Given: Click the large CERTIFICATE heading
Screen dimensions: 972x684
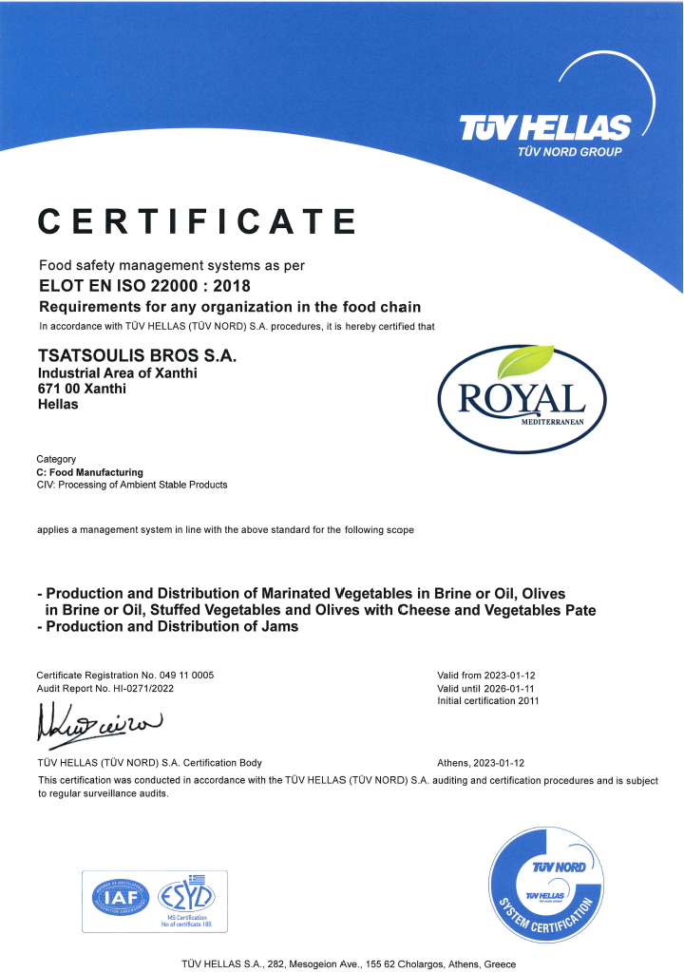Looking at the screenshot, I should click(x=197, y=220).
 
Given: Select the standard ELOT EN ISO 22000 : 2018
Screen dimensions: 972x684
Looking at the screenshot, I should click(x=145, y=285).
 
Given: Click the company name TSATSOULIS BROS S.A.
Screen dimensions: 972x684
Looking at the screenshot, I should click(x=135, y=355).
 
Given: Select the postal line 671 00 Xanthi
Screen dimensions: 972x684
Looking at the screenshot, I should click(x=82, y=389).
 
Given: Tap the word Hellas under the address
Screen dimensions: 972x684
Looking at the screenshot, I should click(x=58, y=404).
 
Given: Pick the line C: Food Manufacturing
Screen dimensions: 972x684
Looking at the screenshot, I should click(x=89, y=472).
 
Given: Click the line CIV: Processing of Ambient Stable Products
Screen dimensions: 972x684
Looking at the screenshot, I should click(x=132, y=485).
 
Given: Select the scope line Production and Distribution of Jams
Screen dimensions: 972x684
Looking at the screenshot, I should click(x=167, y=626).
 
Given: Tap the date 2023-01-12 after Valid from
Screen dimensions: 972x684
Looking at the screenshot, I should click(x=516, y=675).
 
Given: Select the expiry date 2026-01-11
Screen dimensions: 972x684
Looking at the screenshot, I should click(x=516, y=687).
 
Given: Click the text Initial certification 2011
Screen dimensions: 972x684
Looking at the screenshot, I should click(x=487, y=700).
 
